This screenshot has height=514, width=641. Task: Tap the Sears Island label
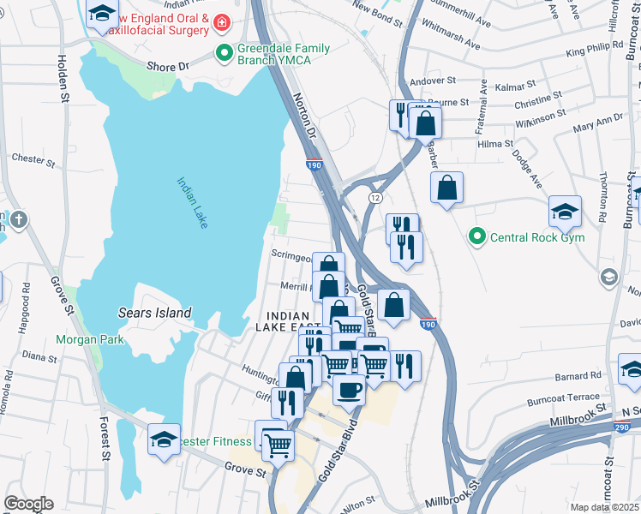(x=155, y=313)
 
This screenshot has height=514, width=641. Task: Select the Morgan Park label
(x=90, y=339)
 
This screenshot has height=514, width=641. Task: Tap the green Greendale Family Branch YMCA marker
(x=225, y=53)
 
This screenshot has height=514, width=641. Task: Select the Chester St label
(x=33, y=158)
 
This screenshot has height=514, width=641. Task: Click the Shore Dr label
(x=167, y=66)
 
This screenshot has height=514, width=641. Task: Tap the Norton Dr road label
(x=304, y=117)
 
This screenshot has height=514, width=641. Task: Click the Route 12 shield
(x=375, y=197)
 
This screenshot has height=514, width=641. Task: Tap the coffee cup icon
(x=349, y=389)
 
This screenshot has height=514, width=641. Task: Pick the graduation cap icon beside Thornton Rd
(x=566, y=211)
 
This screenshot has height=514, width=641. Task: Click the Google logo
(x=28, y=504)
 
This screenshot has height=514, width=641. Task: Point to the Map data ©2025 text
(x=603, y=507)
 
